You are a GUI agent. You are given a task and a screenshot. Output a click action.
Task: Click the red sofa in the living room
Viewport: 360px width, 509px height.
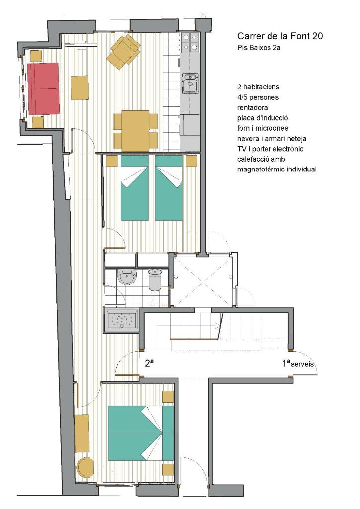coord(43,88)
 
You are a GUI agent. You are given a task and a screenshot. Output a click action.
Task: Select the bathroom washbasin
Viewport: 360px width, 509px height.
coord(127,277)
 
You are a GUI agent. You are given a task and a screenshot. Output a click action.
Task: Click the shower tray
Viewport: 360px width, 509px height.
coord(122,319)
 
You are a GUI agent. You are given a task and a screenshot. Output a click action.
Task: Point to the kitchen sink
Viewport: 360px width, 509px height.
coord(190,83)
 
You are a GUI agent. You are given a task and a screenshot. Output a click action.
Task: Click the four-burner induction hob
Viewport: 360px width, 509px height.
coord(190,42)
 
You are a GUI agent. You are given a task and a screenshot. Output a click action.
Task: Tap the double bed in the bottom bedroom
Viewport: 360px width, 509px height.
coord(141,433)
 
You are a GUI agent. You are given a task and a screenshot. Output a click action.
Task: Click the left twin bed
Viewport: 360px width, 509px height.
coord(135,187)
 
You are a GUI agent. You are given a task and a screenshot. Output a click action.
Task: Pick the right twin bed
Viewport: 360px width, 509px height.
coord(169,187)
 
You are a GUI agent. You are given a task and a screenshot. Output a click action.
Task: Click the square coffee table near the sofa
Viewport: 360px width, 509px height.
coord(80,87)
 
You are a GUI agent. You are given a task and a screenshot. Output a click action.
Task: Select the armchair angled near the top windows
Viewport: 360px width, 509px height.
coord(124,52)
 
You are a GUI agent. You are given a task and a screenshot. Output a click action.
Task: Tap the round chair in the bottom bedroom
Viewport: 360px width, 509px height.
coord(85,466)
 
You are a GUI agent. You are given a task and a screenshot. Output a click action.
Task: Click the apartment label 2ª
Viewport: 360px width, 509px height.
coord(149,363)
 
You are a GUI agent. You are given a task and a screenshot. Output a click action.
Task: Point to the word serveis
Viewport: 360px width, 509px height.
coord(302,364)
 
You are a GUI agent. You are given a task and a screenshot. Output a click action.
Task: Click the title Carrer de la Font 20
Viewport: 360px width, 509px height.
coord(280,36)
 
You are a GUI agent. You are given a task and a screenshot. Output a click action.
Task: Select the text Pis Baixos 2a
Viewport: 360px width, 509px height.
coord(259,48)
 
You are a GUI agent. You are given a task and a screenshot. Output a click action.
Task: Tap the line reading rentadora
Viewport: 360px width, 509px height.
coord(252,107)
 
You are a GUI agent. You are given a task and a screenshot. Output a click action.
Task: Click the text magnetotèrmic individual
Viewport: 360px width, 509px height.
coord(277,169)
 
